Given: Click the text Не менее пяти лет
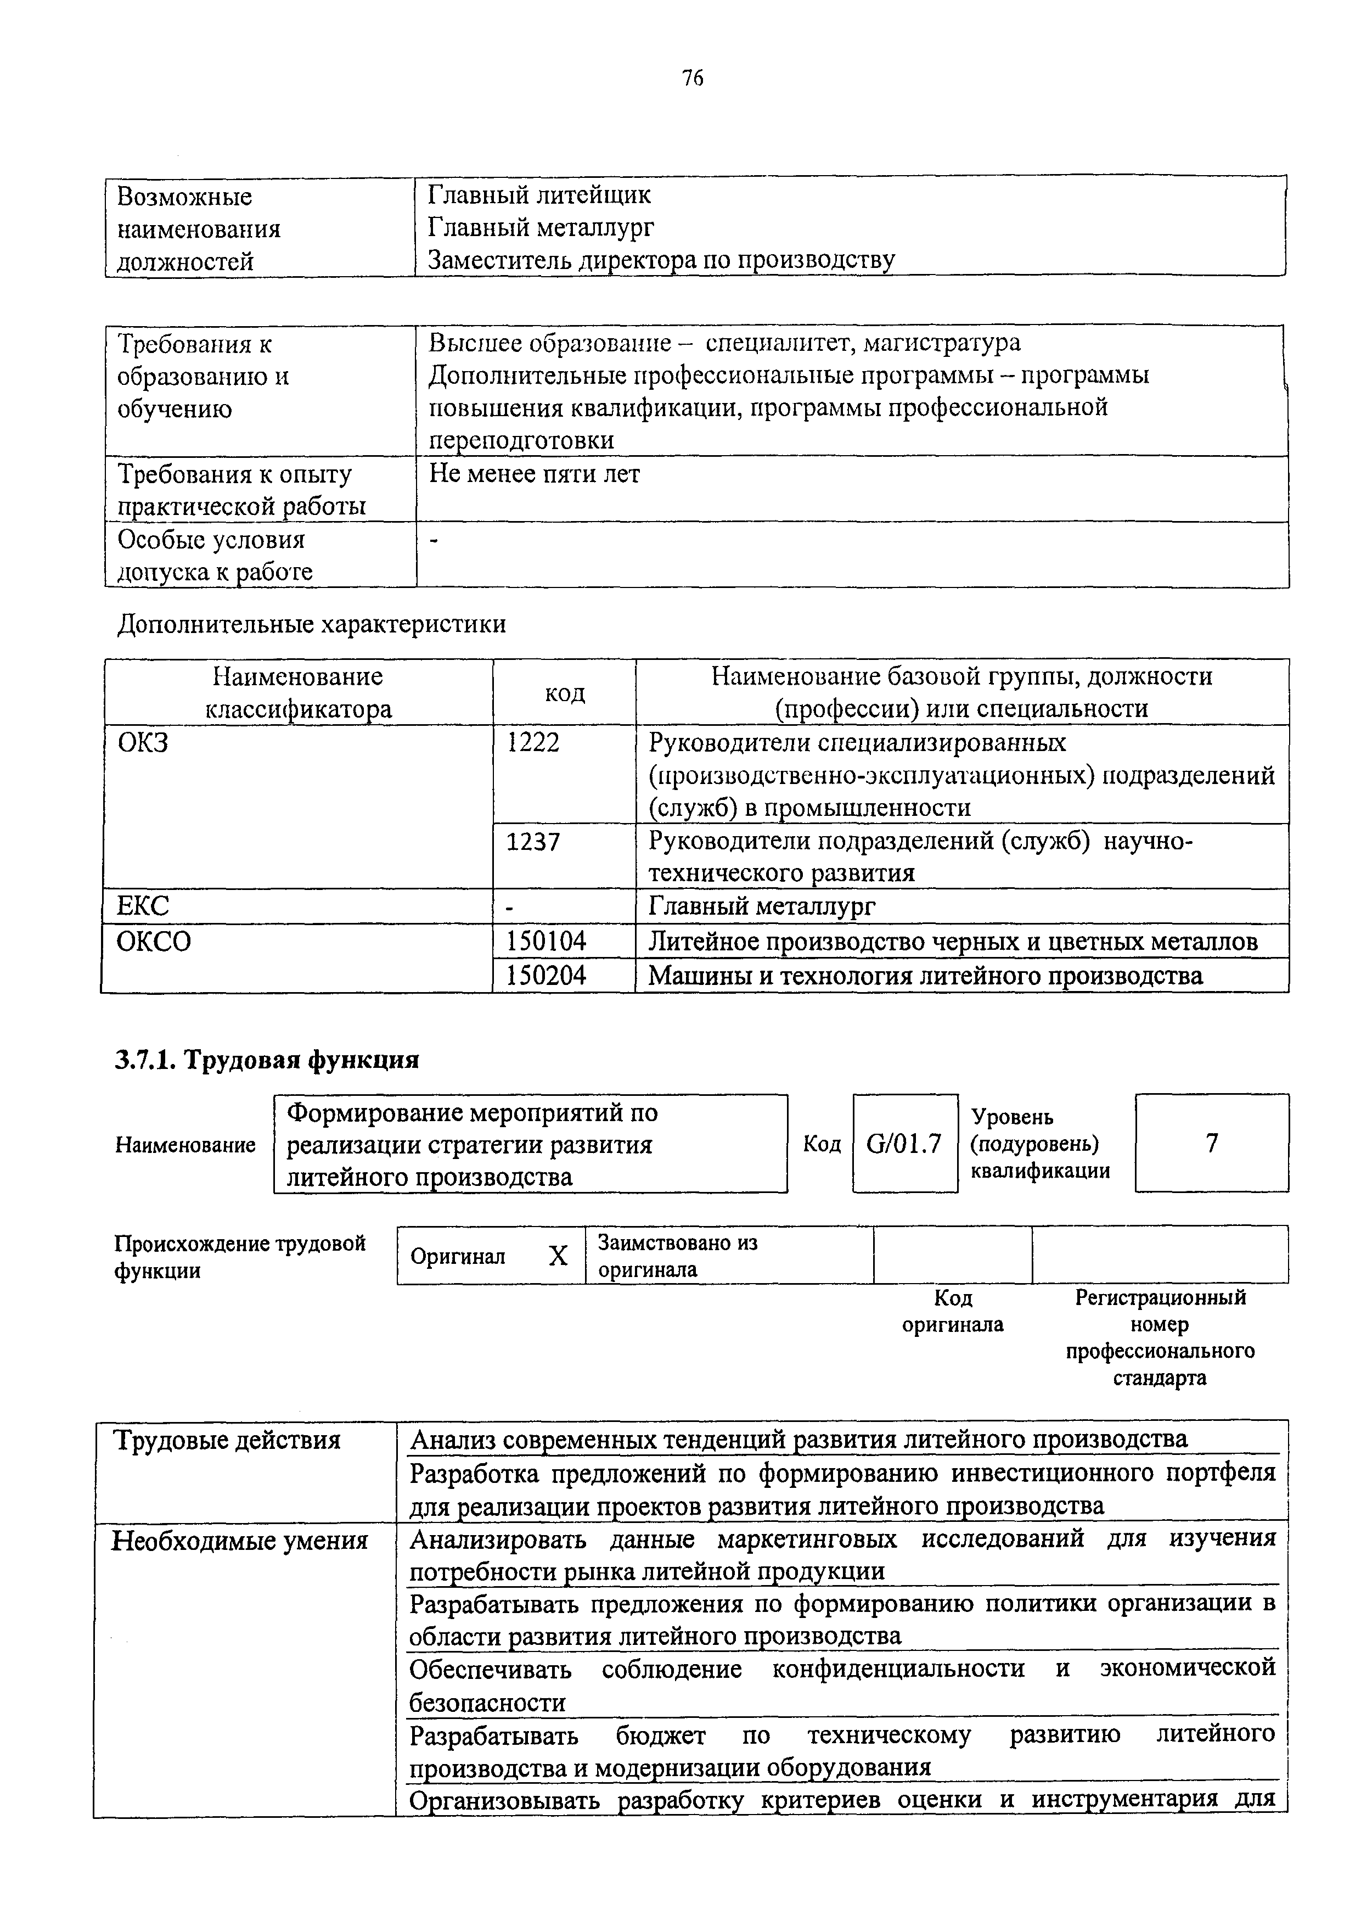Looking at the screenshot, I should pos(534,474).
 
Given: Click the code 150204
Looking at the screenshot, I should pos(546,976).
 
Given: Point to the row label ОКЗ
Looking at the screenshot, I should pos(143,742).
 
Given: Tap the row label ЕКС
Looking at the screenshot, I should pos(143,906).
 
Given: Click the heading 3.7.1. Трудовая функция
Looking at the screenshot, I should pos(267,1060).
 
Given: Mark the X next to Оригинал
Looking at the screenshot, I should pos(558,1256).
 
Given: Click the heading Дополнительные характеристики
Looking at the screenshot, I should pos(311,624).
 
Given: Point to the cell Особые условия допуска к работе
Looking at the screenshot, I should pos(215,555).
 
